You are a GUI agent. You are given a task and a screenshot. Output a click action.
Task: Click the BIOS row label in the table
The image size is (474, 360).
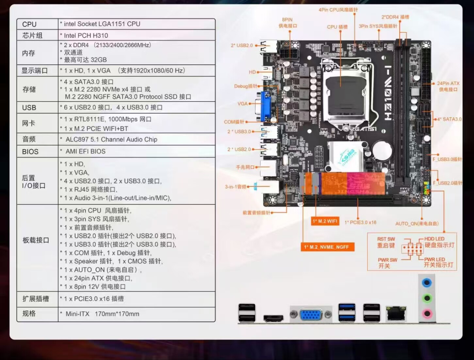pos(30,152)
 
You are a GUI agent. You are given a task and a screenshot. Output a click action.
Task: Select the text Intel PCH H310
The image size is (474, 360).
pos(86,35)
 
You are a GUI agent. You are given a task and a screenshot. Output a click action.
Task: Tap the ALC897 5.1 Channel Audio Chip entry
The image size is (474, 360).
pos(111,140)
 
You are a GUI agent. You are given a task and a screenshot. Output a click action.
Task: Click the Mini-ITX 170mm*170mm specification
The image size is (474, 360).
pos(102,314)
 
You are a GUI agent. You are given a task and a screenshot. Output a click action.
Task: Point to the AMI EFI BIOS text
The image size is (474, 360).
pos(86,151)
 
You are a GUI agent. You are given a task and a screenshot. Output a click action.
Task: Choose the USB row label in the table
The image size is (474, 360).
pos(29,108)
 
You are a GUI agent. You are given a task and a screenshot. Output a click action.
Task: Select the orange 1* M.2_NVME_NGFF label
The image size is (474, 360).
pos(327,247)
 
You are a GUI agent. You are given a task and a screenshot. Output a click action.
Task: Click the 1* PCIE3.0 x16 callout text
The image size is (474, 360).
pos(360,222)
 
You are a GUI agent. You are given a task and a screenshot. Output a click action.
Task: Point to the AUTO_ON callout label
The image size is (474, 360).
pos(417,224)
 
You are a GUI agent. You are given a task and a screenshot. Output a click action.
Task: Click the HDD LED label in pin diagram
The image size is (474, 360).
pos(434,239)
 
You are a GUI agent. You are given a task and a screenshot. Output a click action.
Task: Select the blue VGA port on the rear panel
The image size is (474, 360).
pos(311,315)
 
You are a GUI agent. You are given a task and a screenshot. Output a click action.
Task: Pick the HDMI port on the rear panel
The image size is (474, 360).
pos(273,318)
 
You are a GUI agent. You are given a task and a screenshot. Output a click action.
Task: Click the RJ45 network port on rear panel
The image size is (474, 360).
pos(396,314)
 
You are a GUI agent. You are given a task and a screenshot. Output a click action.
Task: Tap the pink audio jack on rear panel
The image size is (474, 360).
pos(427,314)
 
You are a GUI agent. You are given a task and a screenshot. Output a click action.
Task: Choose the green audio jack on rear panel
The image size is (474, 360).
pos(427,298)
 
